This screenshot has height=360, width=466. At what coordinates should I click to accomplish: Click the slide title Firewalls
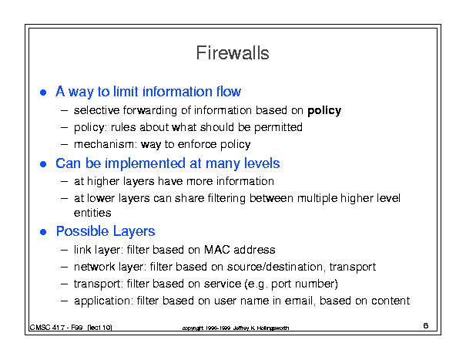click(233, 53)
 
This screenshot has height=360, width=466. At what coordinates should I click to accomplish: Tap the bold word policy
click(324, 111)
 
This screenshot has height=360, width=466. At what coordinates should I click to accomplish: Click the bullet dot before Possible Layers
click(43, 232)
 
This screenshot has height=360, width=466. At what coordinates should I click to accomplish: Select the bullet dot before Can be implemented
click(43, 164)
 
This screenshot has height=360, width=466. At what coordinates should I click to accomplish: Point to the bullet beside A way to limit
click(43, 93)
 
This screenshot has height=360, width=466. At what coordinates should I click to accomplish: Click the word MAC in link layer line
click(217, 249)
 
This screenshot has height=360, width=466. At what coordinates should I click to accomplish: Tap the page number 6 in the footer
click(426, 325)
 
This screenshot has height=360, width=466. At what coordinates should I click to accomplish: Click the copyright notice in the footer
click(236, 328)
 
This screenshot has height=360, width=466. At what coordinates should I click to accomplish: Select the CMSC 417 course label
click(71, 328)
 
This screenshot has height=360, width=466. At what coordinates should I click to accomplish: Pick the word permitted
click(278, 127)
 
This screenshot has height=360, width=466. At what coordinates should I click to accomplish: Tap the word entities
click(92, 213)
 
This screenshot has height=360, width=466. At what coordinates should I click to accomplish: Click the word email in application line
click(300, 301)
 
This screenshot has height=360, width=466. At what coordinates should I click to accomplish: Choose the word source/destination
click(276, 267)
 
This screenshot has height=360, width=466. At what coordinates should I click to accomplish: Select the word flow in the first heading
click(229, 91)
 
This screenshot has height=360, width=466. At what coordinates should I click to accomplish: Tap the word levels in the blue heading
click(262, 163)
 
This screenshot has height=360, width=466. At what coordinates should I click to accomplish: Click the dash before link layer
click(64, 251)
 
